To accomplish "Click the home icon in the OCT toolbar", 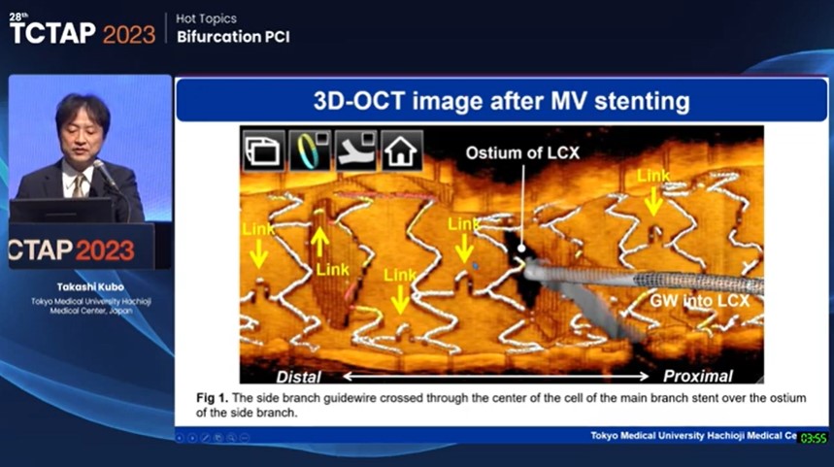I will pos(401,151).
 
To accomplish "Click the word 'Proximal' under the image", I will pos(697,375).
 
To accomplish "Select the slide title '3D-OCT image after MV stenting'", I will pos(501,101).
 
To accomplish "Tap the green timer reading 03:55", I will pos(814,438).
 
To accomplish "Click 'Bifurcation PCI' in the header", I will pos(233,37).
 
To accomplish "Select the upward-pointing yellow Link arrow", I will pos(319,240).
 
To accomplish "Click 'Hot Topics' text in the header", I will pos(207,18).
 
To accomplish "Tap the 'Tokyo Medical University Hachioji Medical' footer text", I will pos(692,436).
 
